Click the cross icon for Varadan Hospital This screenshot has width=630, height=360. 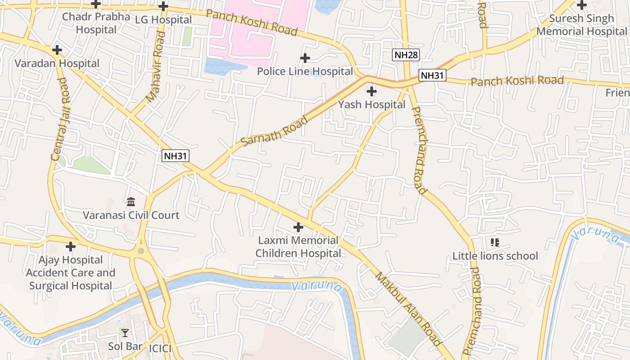[x=57, y=50]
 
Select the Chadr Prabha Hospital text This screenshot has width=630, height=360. [x=96, y=23]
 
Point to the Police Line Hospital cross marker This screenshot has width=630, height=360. [x=305, y=58]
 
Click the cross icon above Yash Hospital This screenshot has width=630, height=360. [x=372, y=92]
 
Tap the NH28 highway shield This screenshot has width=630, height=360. [x=406, y=55]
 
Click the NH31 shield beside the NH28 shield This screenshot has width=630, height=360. [x=432, y=75]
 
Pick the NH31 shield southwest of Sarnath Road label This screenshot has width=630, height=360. [x=175, y=156]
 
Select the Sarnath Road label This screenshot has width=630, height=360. [x=274, y=131]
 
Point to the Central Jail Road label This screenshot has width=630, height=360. [x=59, y=119]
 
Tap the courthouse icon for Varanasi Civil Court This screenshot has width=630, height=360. [x=131, y=201]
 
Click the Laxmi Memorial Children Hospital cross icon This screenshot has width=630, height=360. [x=298, y=227]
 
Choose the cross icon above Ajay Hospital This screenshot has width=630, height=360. [x=71, y=247]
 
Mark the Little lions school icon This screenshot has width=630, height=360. [x=495, y=243]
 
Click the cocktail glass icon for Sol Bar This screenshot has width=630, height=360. [x=125, y=333]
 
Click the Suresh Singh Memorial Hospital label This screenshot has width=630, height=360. [x=581, y=25]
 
